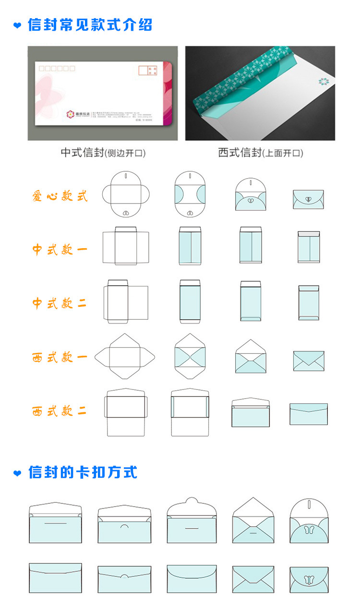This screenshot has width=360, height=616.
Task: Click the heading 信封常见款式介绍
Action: (90, 24)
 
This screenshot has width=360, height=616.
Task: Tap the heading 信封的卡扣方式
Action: (83, 472)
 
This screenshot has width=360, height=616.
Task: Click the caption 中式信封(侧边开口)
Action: (103, 153)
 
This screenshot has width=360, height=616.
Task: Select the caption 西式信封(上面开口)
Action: (260, 153)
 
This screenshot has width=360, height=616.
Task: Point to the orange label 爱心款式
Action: (60, 196)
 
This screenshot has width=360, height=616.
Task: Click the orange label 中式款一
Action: (60, 250)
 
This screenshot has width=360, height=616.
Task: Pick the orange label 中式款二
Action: (60, 303)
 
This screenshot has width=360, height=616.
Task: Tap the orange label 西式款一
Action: (60, 358)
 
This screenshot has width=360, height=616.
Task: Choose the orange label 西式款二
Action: (60, 411)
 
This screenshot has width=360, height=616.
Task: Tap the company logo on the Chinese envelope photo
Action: (71, 114)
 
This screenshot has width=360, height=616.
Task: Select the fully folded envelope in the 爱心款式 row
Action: (309, 199)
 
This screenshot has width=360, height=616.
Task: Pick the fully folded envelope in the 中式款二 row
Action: (309, 303)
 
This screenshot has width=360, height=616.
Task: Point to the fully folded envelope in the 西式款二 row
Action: (309, 414)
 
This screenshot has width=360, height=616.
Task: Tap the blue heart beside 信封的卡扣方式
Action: (18, 473)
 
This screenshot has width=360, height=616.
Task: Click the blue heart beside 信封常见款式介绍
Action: (18, 25)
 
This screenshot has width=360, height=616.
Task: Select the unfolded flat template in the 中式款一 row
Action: (125, 246)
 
